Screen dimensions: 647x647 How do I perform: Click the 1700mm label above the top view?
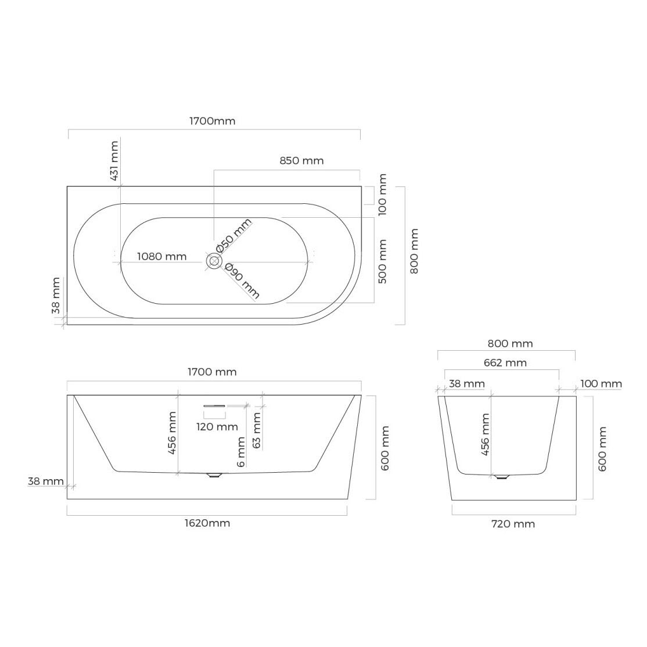click(x=212, y=121)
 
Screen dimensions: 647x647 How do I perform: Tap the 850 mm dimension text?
click(x=301, y=160)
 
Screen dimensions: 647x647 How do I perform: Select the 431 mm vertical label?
click(x=114, y=161)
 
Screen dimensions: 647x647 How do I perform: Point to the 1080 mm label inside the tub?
click(x=161, y=256)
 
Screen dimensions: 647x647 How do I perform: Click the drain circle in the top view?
click(x=214, y=261)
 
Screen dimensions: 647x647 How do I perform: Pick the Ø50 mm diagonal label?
click(x=233, y=236)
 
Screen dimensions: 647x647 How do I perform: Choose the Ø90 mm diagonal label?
click(x=242, y=281)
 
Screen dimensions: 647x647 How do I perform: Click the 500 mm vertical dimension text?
click(x=383, y=261)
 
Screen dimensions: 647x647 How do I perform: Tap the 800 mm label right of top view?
click(x=414, y=251)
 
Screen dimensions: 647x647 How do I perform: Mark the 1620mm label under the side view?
click(x=207, y=523)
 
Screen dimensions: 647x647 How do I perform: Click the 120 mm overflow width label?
click(x=217, y=427)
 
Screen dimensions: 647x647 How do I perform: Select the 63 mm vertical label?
click(x=257, y=430)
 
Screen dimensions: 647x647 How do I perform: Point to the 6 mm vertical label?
click(x=242, y=452)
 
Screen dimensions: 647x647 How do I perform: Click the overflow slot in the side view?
click(x=214, y=407)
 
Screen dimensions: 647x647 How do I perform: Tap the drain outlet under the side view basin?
click(x=214, y=475)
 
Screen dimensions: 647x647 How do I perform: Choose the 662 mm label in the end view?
click(x=505, y=362)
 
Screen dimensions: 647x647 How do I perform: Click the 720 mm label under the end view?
click(x=513, y=524)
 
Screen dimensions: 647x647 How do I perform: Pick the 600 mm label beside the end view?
click(x=602, y=449)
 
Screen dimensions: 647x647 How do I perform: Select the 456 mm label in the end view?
click(x=486, y=434)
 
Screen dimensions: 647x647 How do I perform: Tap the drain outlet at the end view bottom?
click(x=501, y=477)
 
